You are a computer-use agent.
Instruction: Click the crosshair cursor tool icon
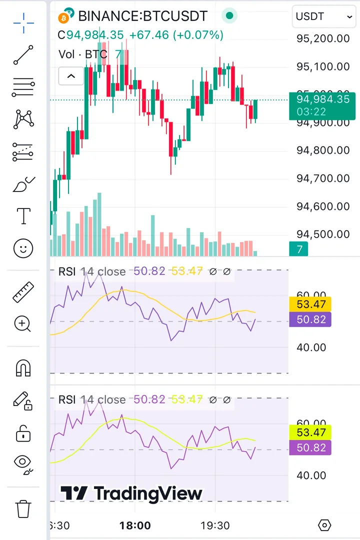(23, 23)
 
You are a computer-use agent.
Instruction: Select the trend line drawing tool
(23, 55)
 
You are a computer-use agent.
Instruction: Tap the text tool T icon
(23, 216)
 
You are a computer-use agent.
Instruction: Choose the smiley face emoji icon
(23, 248)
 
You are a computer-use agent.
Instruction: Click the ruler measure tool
(23, 292)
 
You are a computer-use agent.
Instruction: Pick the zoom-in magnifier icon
(23, 324)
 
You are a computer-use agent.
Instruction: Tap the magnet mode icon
(23, 368)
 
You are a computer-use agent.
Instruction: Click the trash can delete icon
(23, 509)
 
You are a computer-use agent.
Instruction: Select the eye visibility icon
(23, 463)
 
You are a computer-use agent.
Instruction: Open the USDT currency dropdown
(324, 16)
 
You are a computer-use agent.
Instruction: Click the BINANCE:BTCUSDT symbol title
(142, 16)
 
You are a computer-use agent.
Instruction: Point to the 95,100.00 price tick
(322, 66)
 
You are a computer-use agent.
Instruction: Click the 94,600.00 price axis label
(322, 206)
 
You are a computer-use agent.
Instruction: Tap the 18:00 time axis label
(135, 525)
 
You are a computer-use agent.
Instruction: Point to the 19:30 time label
(215, 525)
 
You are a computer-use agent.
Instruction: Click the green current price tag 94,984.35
(322, 105)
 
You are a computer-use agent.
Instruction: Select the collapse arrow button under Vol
(71, 76)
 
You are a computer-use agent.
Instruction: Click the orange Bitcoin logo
(63, 18)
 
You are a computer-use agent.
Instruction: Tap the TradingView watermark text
(132, 493)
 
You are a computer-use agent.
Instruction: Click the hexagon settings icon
(325, 525)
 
